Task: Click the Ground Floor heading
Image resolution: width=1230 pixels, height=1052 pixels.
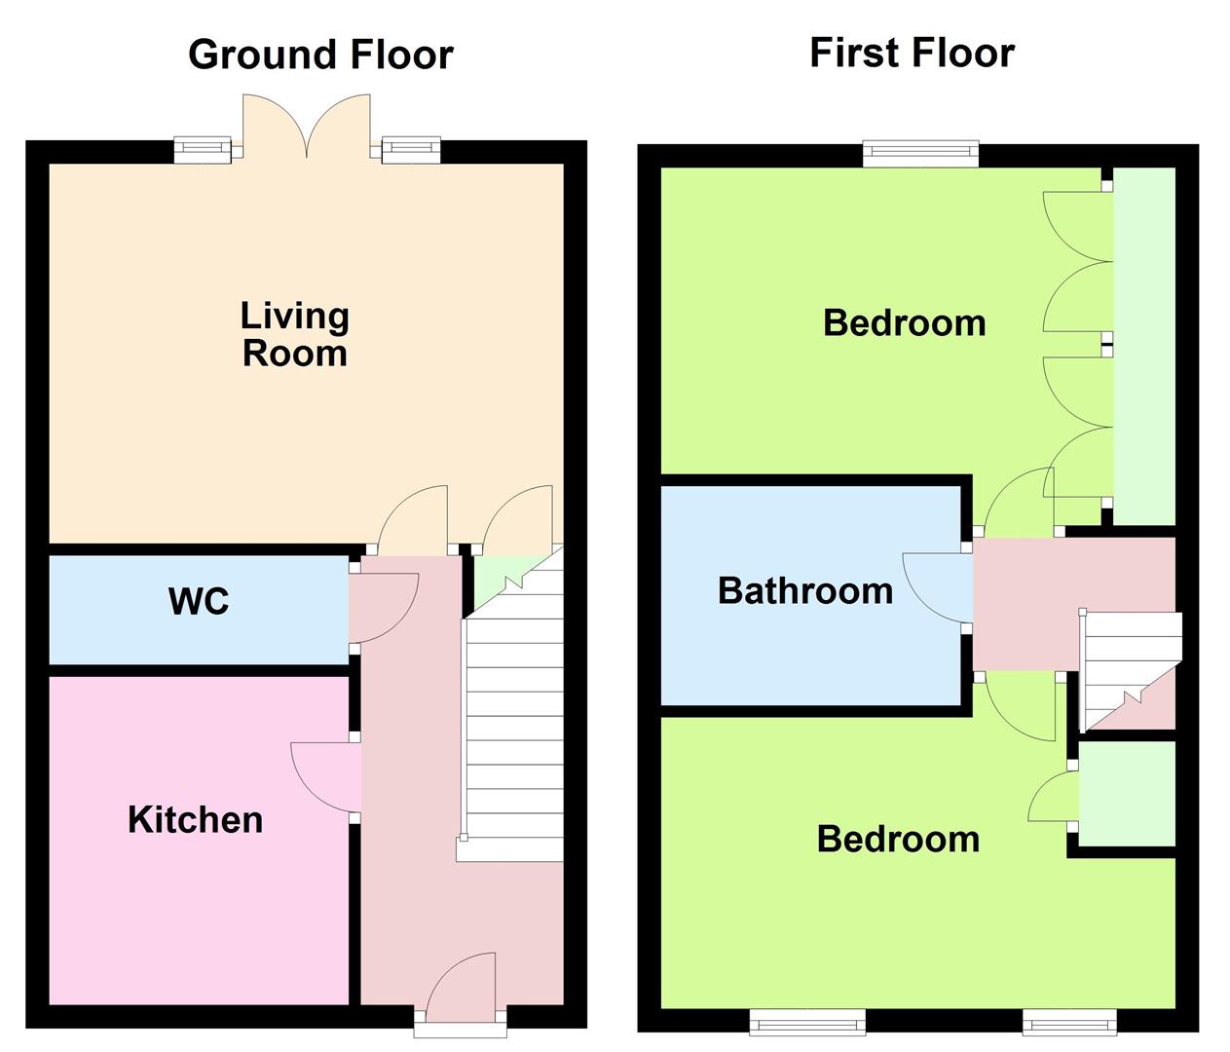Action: tap(320, 55)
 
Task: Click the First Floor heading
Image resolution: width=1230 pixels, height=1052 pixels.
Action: tap(913, 53)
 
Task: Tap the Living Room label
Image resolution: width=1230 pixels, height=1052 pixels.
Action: tap(294, 334)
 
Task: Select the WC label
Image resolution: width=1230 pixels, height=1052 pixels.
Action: tap(199, 601)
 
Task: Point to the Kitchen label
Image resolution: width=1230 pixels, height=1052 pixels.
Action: tap(195, 820)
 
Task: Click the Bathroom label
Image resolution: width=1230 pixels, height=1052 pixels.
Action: tap(805, 590)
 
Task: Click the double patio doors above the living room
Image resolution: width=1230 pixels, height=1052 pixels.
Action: tap(307, 125)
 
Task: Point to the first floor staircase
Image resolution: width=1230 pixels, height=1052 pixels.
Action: tap(1129, 670)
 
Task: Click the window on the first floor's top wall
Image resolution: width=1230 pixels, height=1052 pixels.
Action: tap(920, 154)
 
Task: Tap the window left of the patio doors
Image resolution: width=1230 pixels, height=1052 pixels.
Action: tap(203, 149)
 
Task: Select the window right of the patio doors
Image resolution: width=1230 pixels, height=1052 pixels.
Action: tap(411, 149)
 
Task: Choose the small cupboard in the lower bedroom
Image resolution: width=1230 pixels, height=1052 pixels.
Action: tap(1127, 794)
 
